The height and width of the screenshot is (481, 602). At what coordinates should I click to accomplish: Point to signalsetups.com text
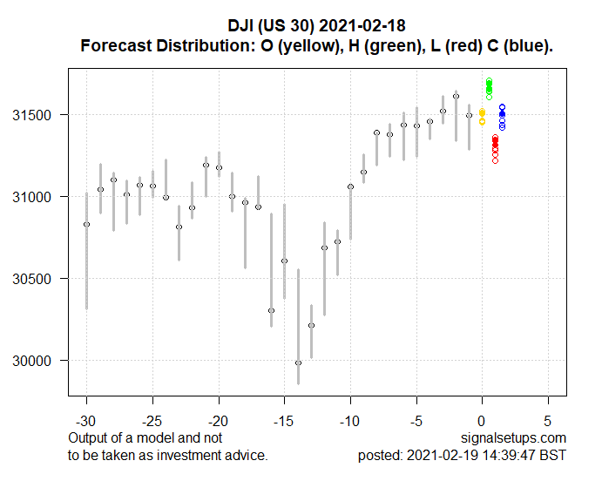520,437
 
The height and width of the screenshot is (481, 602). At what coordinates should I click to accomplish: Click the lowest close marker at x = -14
298,362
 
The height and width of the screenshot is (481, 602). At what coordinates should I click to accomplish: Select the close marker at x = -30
86,224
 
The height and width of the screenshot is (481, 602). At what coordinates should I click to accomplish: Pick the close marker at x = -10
350,186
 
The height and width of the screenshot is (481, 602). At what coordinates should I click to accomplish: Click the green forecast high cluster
489,88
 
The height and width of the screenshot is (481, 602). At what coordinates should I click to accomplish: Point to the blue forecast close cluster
502,116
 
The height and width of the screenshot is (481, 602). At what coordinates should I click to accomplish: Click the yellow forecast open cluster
482,115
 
